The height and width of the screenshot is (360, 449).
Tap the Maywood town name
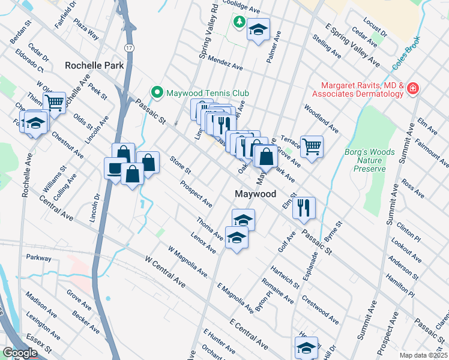[x=255, y=194]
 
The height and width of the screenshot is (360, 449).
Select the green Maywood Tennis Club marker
[x=157, y=93]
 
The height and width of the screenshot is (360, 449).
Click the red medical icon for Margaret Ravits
[x=412, y=89]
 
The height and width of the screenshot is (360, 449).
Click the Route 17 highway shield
[x=129, y=47]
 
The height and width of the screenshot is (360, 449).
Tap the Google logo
[x=20, y=352]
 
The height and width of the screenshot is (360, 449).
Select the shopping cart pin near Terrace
[x=312, y=146]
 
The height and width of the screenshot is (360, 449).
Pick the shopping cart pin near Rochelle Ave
[x=54, y=103]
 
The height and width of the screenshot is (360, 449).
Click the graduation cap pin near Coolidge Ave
[x=258, y=29]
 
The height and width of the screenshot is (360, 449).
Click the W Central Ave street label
[x=165, y=271]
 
